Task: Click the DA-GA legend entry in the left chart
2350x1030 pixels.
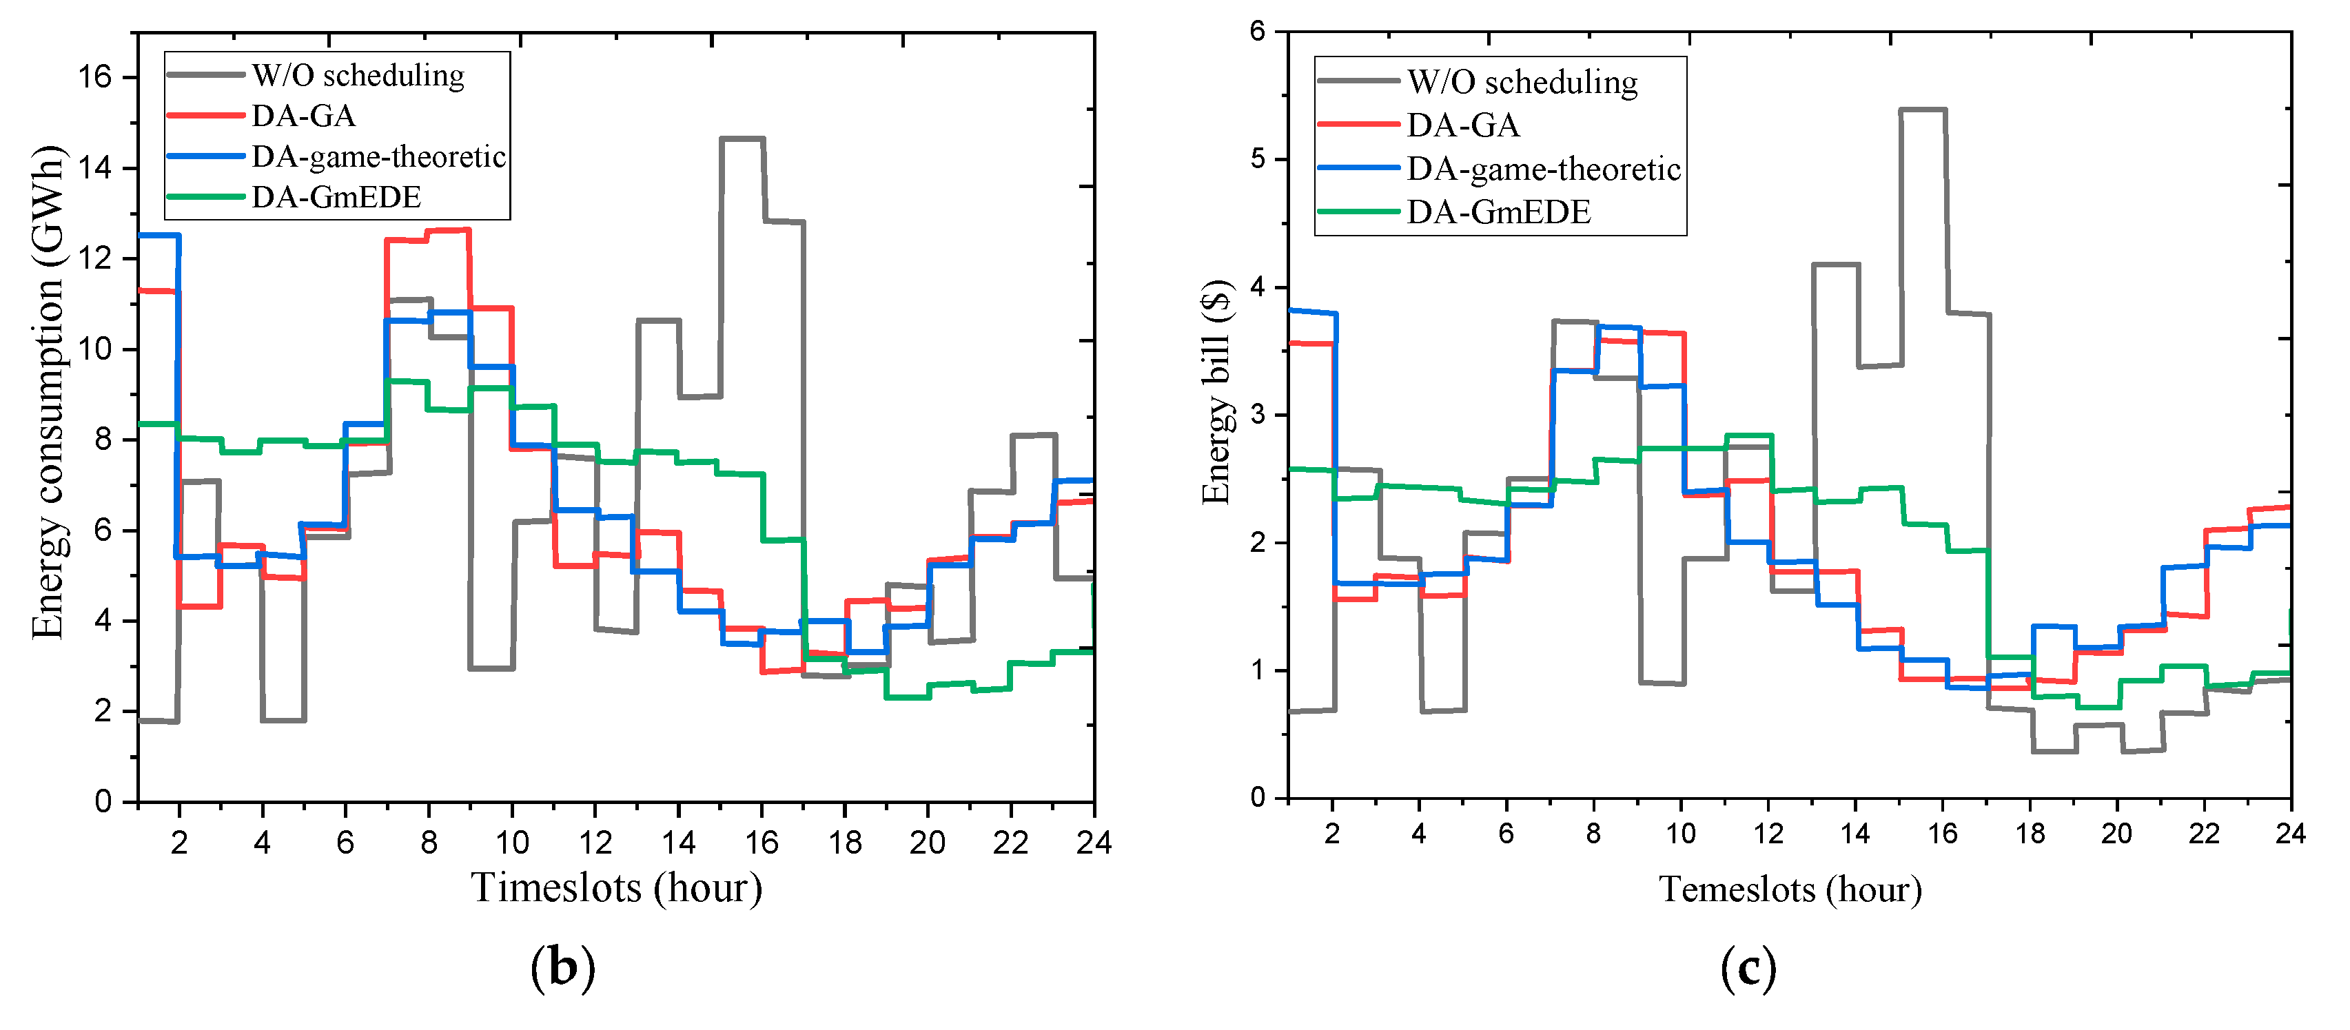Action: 303,116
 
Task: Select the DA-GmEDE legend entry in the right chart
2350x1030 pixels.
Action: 1498,213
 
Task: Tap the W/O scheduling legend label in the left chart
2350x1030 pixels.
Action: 358,76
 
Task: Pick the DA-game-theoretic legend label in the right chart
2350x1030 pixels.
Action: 1544,169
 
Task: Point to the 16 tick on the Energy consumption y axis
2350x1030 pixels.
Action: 95,76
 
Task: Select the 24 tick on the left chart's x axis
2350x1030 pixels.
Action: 1093,842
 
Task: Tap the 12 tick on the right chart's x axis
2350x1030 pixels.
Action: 1768,833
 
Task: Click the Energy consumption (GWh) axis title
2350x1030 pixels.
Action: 48,392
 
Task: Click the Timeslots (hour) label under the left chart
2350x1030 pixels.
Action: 617,887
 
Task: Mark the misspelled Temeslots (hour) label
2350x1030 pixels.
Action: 1790,889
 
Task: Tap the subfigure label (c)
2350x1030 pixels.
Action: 1748,968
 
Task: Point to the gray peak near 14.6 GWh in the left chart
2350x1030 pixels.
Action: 742,138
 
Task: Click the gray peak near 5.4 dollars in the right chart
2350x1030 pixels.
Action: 1922,110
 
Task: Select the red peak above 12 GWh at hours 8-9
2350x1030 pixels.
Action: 448,231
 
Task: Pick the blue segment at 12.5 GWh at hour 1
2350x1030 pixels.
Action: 158,236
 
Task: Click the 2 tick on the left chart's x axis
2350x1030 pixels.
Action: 178,842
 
